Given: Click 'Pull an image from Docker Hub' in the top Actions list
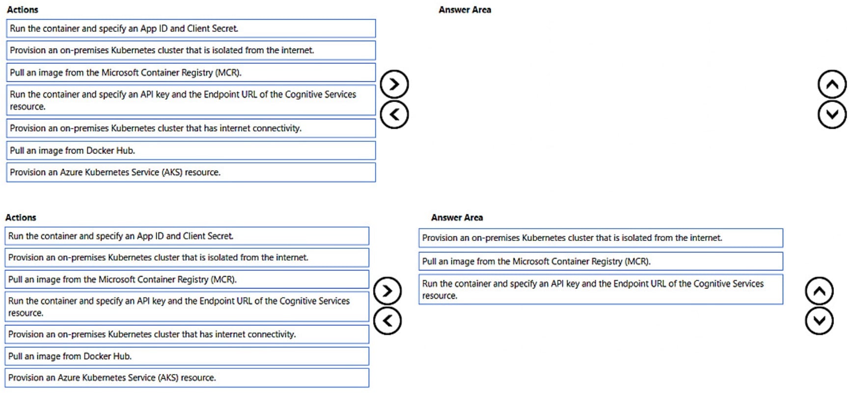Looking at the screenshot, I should pos(191,151).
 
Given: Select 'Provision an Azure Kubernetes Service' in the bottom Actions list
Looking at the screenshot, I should pos(187,378).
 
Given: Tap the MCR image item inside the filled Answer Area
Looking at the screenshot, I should pos(600,262).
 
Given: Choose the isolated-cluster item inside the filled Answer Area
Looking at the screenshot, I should pos(600,238).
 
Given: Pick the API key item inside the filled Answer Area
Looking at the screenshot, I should pos(600,289).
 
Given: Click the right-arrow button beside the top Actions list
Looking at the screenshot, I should pos(394,84).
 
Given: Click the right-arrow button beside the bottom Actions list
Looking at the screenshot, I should pos(387,291).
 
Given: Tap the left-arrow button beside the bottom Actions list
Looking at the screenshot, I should pos(387,321).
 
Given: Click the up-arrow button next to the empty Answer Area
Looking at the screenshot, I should pos(832,84).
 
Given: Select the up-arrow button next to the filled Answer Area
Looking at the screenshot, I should pos(819,291).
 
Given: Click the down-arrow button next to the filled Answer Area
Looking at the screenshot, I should pos(819,321).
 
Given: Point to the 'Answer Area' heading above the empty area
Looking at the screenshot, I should pos(465,10).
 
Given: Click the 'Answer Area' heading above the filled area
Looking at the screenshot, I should pos(457,217).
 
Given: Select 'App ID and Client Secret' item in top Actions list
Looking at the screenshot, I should pos(191,28).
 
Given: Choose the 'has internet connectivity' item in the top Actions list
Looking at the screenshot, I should pos(191,129).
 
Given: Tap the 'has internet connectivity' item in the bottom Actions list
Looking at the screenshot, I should pos(187,335).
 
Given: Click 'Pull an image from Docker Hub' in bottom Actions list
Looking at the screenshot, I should pos(187,356).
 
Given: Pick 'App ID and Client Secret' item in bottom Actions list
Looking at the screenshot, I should pos(187,236).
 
